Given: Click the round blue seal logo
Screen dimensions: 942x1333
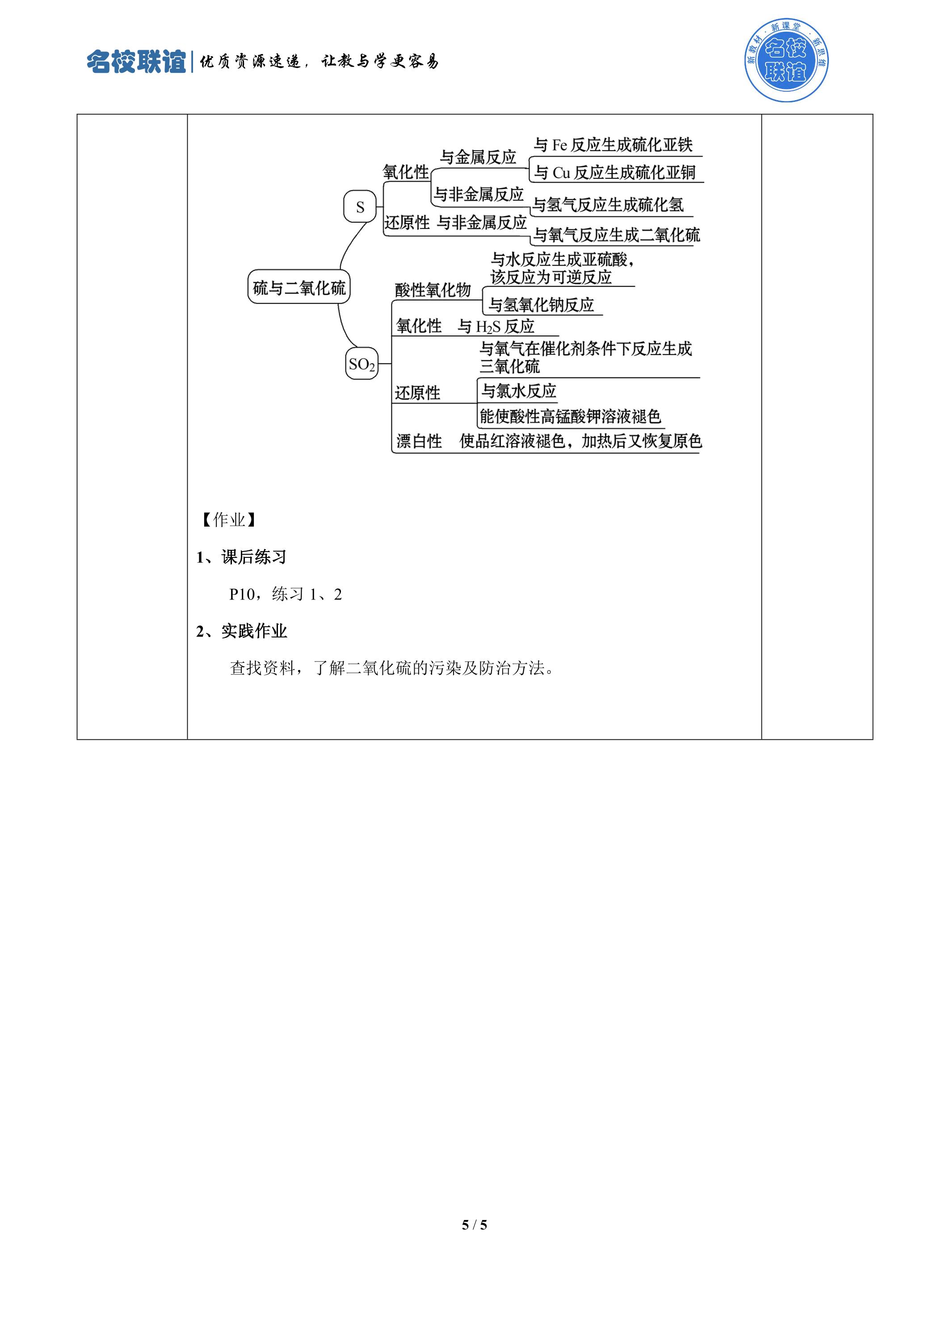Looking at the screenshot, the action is pos(786,60).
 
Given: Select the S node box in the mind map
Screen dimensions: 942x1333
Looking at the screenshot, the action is pos(360,207).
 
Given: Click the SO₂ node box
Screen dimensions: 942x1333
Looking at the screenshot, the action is pos(362,363).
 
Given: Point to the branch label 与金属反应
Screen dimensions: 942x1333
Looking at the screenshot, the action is pos(478,157).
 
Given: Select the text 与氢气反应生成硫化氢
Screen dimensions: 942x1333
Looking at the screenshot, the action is pos(608,204).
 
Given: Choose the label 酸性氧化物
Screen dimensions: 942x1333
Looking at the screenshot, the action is pos(433,290).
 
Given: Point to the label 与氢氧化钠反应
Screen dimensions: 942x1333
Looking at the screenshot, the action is pos(542,304).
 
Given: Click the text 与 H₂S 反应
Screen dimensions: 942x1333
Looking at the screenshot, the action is pos(496,326).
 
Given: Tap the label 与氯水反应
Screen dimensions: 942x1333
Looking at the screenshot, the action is pos(519,391).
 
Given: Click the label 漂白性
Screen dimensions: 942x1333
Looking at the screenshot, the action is pos(419,441).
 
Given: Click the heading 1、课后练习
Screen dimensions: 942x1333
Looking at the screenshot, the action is pos(241,557).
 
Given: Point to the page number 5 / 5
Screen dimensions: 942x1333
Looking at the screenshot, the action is pos(474,1225).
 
